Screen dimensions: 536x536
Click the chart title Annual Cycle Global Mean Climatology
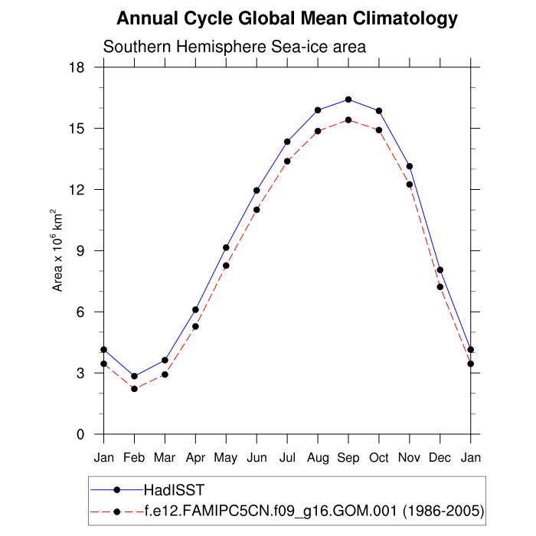287,19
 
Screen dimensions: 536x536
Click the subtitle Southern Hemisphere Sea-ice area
234,47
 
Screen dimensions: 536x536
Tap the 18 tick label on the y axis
75,67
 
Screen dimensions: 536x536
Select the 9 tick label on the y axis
79,251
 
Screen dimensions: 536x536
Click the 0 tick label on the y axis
79,435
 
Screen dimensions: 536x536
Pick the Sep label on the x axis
348,457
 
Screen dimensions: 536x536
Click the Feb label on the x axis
134,457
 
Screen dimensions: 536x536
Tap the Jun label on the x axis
257,457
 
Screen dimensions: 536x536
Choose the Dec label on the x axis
440,457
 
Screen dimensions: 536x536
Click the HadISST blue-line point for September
348,100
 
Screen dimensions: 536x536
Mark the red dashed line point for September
348,119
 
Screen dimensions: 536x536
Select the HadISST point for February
134,376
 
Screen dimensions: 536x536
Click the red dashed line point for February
134,389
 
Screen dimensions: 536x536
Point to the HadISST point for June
257,191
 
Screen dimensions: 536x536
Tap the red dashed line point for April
195,326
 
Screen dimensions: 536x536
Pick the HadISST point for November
410,166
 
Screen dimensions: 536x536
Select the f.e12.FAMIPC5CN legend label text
314,511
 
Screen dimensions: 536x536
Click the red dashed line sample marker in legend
116,511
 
